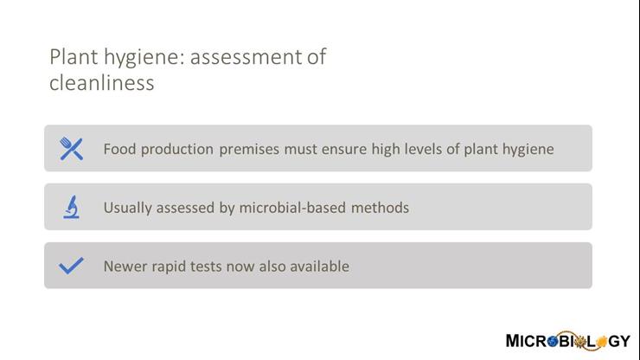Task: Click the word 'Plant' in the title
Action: click(71, 57)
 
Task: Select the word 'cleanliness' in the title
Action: click(101, 83)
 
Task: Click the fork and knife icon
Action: click(71, 149)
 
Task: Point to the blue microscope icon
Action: click(71, 208)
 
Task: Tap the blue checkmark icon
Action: click(71, 266)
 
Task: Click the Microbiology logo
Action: click(567, 340)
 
